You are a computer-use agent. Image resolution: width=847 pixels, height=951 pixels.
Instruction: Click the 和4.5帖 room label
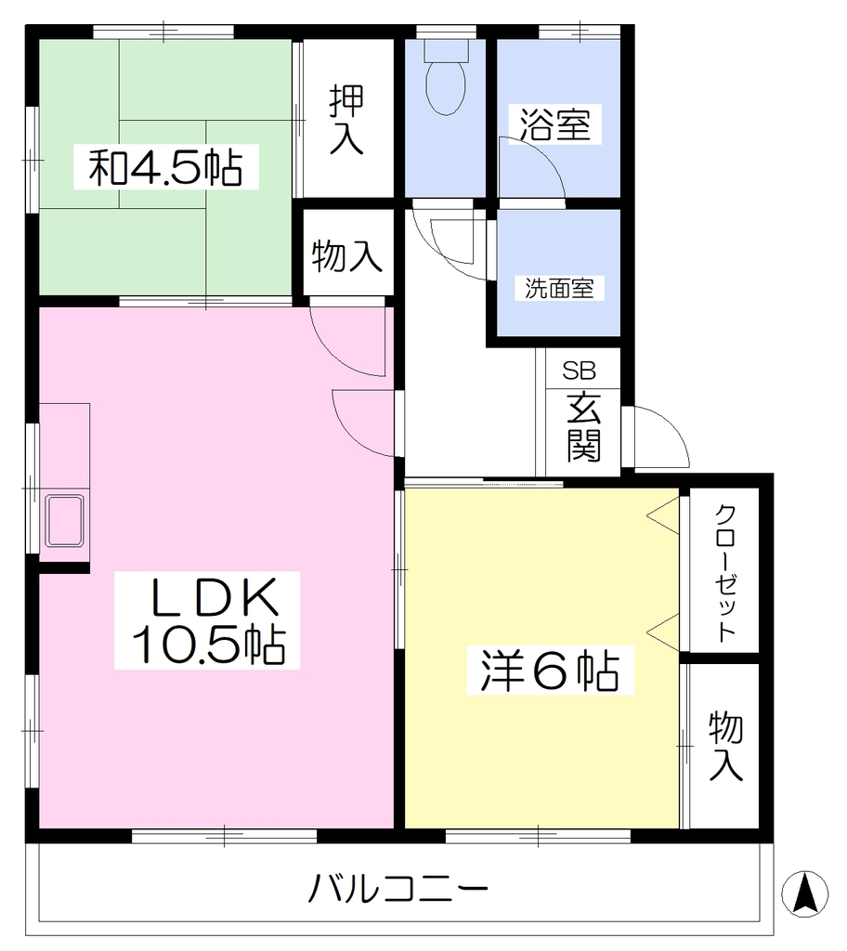165,167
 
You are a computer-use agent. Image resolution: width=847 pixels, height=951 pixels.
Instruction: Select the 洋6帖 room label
550,671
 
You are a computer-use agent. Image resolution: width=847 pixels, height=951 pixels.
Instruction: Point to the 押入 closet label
347,120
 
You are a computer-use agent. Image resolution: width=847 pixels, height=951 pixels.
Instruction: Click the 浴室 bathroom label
555,124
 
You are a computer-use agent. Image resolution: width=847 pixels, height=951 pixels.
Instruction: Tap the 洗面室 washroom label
559,288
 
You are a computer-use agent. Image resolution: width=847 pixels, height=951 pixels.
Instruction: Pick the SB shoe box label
579,370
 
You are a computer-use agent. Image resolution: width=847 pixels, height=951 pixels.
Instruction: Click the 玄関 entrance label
583,427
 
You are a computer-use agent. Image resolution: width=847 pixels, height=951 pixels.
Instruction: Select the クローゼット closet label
725,572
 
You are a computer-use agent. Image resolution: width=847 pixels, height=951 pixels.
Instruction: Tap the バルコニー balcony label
398,889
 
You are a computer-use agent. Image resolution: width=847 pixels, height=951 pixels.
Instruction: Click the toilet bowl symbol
446,88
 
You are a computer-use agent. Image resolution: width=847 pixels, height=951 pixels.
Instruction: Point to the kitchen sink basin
65,521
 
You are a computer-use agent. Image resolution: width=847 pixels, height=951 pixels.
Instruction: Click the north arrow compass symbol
804,893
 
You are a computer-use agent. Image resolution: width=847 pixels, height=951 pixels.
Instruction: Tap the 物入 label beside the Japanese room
347,256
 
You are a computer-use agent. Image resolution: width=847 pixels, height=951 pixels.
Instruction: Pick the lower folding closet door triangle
663,632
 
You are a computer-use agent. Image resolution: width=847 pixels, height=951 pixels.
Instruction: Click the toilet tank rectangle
447,50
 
